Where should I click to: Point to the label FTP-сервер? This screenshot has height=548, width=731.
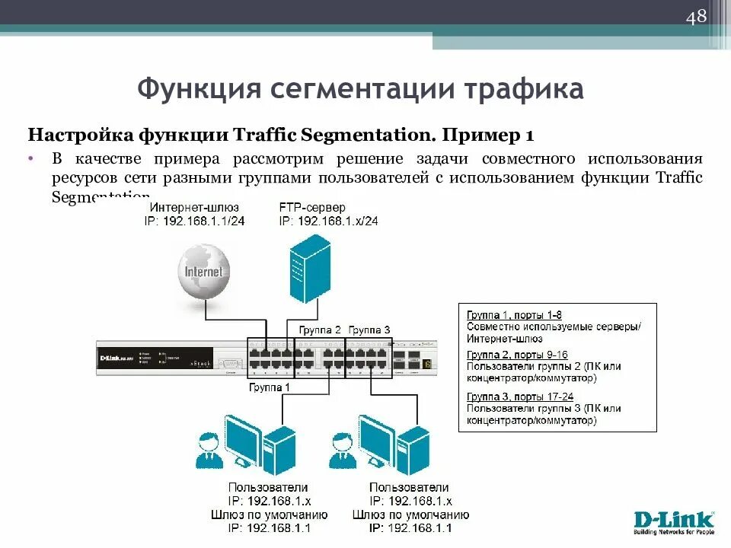coord(312,207)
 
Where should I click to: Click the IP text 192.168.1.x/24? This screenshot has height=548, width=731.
coord(328,221)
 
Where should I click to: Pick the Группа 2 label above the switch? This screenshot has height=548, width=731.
coord(320,330)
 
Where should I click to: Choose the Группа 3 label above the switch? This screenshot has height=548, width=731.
coord(369,330)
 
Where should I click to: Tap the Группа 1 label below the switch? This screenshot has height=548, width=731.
coord(270,387)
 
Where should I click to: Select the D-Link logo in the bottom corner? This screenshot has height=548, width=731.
coord(673,523)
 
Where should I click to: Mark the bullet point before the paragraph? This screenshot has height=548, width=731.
coord(32,159)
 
